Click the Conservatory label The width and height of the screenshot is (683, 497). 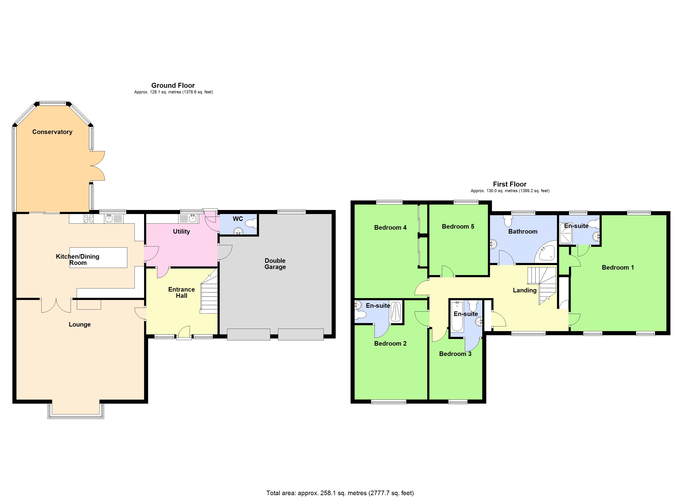point(52,132)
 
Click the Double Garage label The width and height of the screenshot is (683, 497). point(275,264)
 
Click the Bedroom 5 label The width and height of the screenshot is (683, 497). point(458,227)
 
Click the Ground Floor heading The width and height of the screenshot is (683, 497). point(173,86)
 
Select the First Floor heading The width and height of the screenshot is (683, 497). point(510,184)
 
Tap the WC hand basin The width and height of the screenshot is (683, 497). point(238,231)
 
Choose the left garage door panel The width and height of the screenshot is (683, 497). point(248,335)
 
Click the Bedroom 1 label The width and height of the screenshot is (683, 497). point(618,268)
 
